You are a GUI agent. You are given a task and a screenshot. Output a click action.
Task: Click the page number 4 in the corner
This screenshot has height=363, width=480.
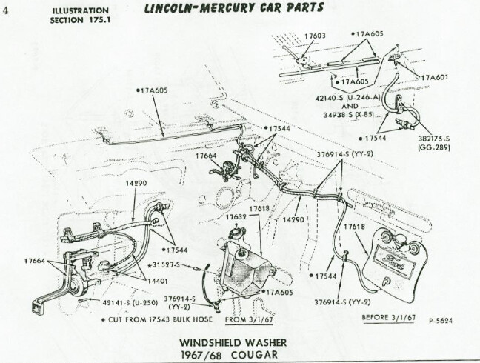(6, 10)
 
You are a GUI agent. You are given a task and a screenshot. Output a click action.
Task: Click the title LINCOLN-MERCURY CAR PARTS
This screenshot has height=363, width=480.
(234, 8)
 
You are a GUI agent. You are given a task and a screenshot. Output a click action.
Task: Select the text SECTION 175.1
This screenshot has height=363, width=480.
(80, 20)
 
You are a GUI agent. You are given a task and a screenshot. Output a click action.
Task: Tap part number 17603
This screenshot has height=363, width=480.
(315, 36)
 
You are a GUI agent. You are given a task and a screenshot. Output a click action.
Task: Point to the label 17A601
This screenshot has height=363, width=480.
(435, 77)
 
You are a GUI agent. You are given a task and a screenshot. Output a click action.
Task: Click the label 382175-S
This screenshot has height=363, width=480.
(434, 139)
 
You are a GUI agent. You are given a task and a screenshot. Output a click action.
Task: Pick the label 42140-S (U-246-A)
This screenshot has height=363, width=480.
(347, 98)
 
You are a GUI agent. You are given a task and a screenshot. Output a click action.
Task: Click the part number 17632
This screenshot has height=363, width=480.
(236, 217)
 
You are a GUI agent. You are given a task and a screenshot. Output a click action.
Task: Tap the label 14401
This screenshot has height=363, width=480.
(157, 281)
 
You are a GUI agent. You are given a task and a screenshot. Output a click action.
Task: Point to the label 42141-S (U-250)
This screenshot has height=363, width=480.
(130, 303)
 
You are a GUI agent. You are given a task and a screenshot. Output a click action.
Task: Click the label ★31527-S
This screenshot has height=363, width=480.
(163, 264)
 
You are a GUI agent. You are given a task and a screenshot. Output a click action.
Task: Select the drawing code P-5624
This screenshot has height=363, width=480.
(441, 321)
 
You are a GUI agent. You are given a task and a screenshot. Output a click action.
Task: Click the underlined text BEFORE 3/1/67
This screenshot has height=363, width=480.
(389, 317)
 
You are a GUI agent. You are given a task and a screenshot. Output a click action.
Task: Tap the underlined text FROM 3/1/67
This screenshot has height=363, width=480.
(249, 319)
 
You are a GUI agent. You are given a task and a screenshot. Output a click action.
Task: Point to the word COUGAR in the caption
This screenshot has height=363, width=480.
(254, 355)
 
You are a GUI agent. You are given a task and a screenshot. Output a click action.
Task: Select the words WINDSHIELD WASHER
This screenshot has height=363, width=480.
(233, 342)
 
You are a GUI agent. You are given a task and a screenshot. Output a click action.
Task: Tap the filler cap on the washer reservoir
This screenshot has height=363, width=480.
(236, 231)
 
